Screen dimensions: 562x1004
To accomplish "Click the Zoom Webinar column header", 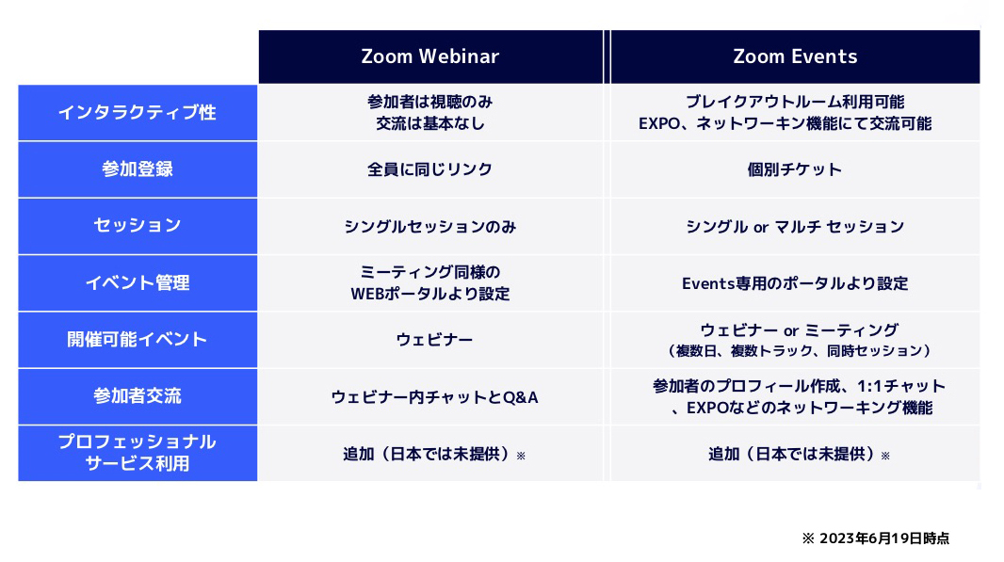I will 430,56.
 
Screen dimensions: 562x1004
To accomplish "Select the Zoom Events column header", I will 795,56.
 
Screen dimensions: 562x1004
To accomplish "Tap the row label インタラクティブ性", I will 138,113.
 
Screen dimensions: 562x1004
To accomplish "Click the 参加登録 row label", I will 138,169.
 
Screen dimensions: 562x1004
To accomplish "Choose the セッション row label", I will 138,226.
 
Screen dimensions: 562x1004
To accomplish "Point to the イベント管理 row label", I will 138,282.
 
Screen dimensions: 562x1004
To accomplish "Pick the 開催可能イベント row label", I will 138,340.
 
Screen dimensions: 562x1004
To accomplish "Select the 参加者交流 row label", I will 138,396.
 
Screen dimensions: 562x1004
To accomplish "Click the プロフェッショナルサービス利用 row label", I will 138,453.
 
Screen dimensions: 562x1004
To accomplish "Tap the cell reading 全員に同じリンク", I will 430,169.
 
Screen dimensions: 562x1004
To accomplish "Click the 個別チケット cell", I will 795,169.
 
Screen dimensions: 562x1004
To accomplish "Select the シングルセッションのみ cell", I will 430,226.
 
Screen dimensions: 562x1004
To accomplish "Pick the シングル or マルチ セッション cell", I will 795,226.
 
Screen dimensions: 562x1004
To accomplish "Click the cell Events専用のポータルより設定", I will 795,282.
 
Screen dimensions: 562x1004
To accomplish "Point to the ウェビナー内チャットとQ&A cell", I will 434,396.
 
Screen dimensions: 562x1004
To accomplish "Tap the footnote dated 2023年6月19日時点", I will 876,538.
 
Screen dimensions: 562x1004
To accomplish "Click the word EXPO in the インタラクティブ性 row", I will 658,123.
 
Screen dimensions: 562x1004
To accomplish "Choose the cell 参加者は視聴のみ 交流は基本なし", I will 430,112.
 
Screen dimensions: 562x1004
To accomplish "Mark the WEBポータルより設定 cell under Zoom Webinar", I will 430,282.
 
